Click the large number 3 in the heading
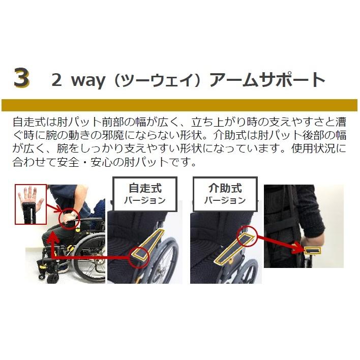21,78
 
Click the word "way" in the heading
88,81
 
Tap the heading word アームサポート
267,79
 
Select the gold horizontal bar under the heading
179,105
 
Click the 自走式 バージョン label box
145,194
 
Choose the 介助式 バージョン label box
225,194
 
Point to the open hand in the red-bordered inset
30,201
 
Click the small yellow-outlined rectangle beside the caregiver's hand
313,251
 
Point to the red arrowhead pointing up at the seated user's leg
53,236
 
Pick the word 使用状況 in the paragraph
313,148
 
